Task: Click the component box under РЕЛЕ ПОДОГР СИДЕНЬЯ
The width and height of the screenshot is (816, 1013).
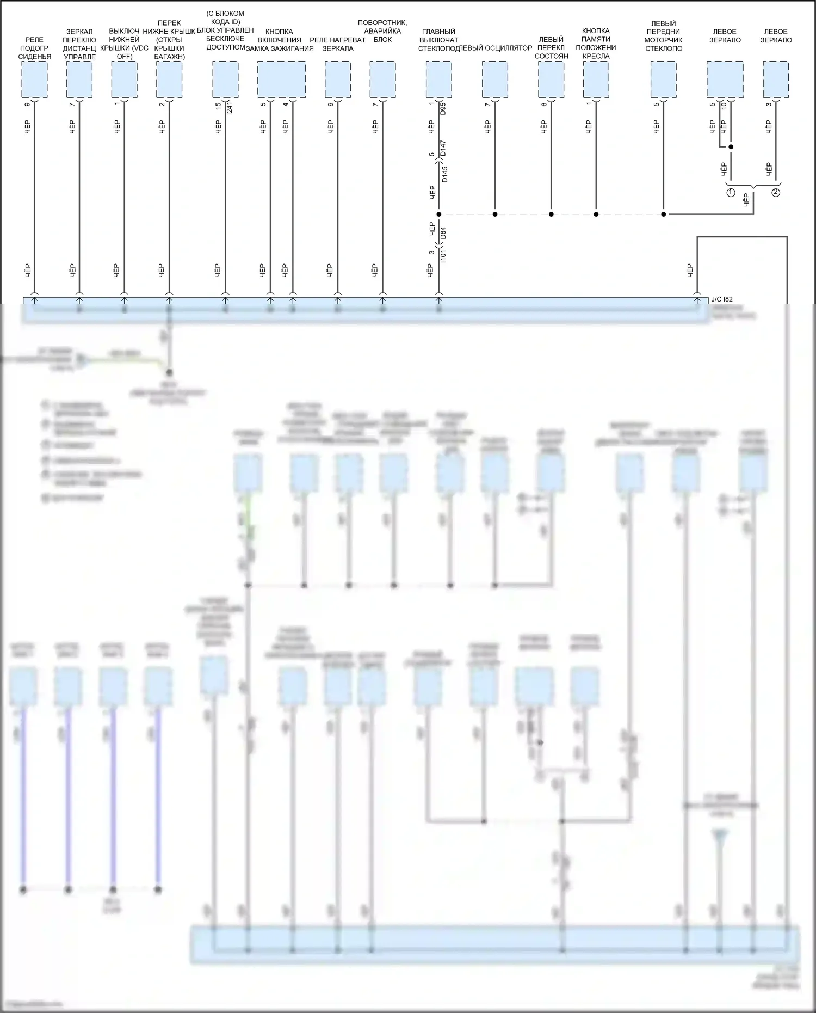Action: point(34,79)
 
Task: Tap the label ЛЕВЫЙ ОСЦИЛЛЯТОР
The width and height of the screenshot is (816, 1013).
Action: point(495,48)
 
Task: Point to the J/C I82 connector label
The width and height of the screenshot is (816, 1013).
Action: point(721,299)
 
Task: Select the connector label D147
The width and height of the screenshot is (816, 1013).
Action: point(443,149)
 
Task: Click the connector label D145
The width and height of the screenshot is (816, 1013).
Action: point(444,174)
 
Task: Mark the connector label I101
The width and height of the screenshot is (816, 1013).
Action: point(443,256)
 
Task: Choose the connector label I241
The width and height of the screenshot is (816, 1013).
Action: point(229,108)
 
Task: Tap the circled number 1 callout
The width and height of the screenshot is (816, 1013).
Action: point(731,193)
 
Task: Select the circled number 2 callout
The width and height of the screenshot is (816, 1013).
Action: point(776,193)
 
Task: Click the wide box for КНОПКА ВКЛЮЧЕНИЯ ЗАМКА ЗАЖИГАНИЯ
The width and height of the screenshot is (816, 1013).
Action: point(281,79)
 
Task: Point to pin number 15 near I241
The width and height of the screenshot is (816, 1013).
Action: point(219,106)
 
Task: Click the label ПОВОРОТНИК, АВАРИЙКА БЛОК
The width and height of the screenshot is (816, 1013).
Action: point(382,31)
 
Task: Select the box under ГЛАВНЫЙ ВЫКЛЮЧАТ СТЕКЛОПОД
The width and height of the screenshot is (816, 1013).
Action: point(438,79)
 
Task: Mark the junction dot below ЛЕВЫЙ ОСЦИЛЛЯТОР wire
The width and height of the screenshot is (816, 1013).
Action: point(495,214)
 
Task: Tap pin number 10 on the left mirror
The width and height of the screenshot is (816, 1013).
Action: point(724,107)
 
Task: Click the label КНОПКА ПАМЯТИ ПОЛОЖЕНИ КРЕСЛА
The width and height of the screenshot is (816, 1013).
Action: point(596,44)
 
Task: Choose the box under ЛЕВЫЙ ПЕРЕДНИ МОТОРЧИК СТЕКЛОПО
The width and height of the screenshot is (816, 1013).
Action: point(664,79)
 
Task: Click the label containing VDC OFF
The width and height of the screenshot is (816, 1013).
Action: point(125,44)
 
